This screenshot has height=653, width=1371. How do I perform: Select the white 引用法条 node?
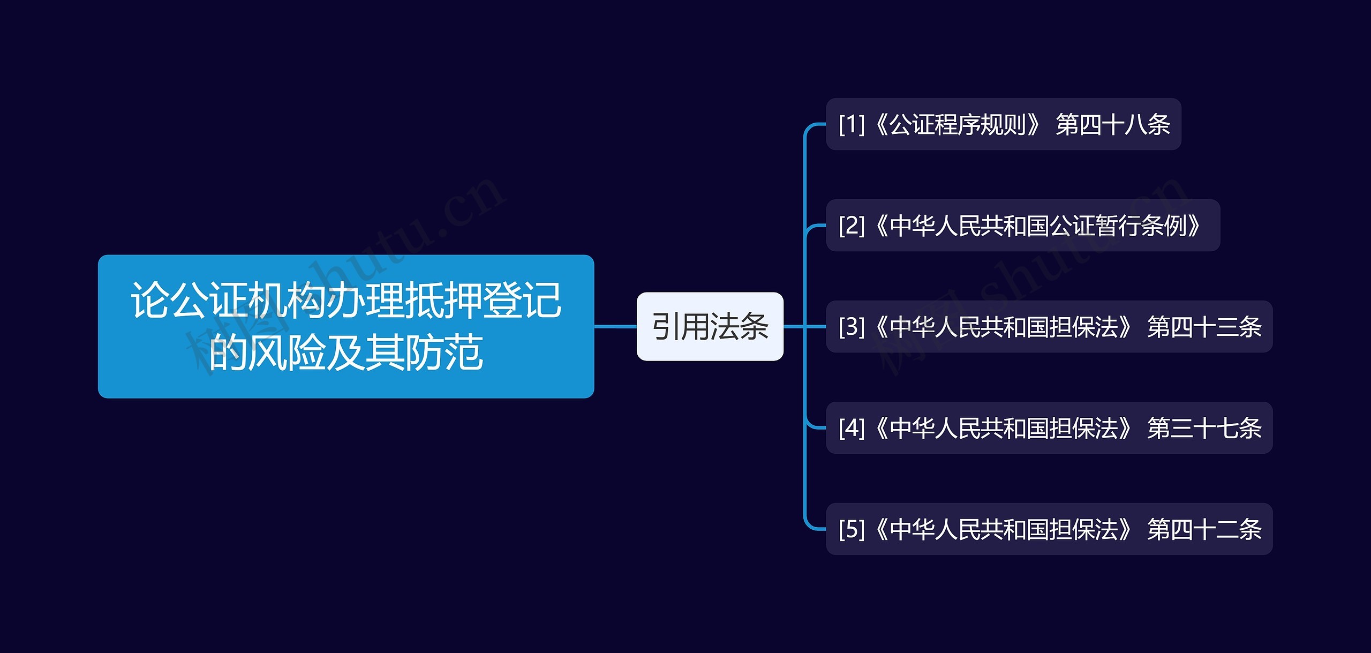coord(710,326)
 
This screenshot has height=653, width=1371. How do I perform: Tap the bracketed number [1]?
coord(852,124)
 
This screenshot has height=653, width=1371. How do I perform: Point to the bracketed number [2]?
coord(852,226)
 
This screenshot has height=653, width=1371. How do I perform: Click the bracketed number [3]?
coord(852,327)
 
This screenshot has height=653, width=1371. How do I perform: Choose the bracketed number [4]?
coord(852,428)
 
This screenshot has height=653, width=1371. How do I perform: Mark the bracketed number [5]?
coord(852,529)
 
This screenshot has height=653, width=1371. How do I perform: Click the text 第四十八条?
coord(1113,124)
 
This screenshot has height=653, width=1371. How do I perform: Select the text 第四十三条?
coord(1204,327)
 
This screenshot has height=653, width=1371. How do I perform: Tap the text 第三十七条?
coord(1204,428)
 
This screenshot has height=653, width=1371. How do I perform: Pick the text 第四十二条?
coord(1204,529)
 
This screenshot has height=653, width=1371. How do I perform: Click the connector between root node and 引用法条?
coord(615,326)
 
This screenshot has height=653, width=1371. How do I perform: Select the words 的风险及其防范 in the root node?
coord(346,352)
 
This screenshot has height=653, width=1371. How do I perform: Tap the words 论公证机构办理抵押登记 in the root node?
coord(346,300)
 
